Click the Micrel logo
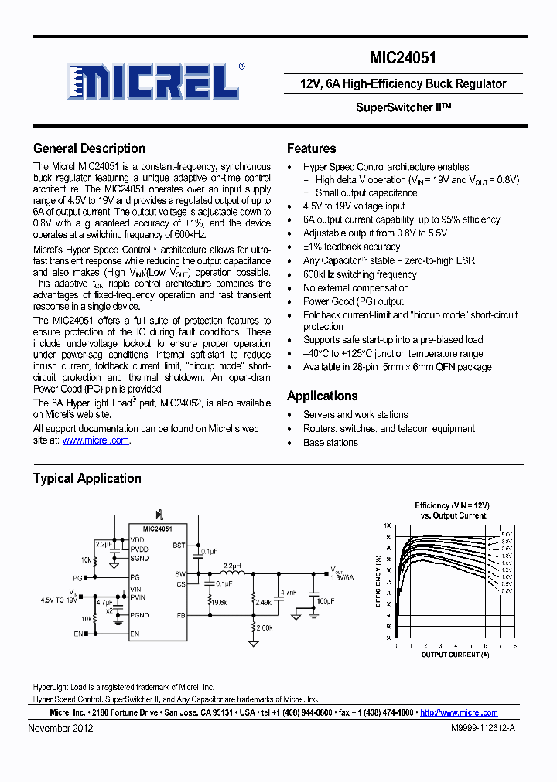point(155,80)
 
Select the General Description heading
point(89,148)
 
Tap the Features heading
point(311,148)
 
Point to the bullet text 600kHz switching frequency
point(360,274)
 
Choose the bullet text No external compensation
point(356,288)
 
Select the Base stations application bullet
point(330,443)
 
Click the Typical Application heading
point(87,478)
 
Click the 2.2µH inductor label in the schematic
point(232,566)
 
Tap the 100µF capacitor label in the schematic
point(326,600)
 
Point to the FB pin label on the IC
point(179,616)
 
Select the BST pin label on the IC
point(179,545)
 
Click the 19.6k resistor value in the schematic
point(220,602)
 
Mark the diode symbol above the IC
point(160,513)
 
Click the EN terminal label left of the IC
point(77,634)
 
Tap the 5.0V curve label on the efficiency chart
point(506,534)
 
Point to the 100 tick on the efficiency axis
point(388,525)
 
